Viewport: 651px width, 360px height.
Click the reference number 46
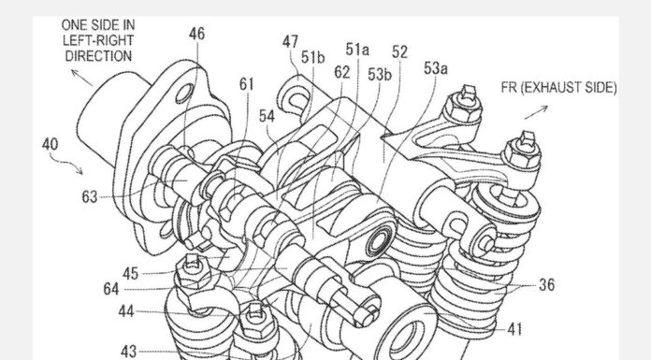[x=196, y=34]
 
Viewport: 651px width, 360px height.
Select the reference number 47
[x=290, y=42]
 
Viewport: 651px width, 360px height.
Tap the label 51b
[x=313, y=58]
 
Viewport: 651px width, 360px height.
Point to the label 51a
[x=357, y=50]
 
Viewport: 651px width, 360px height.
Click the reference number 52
[x=400, y=52]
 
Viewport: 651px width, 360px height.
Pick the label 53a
[x=436, y=68]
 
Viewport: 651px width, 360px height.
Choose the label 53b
[x=380, y=75]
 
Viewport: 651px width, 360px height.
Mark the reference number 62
[x=342, y=73]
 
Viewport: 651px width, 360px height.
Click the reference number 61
[x=246, y=84]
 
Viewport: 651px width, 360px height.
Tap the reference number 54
[x=267, y=116]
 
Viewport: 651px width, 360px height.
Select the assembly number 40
[x=50, y=145]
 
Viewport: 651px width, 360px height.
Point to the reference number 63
[x=89, y=196]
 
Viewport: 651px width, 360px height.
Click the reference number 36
[x=547, y=285]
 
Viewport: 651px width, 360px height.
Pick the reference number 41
[x=514, y=330]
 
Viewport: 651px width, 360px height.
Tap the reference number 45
[x=130, y=273]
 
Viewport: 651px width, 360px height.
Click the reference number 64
[x=111, y=289]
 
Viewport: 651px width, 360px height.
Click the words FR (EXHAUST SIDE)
[x=558, y=88]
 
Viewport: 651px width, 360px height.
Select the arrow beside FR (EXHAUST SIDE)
[x=536, y=112]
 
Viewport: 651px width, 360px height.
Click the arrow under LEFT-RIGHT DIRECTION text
[x=81, y=78]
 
